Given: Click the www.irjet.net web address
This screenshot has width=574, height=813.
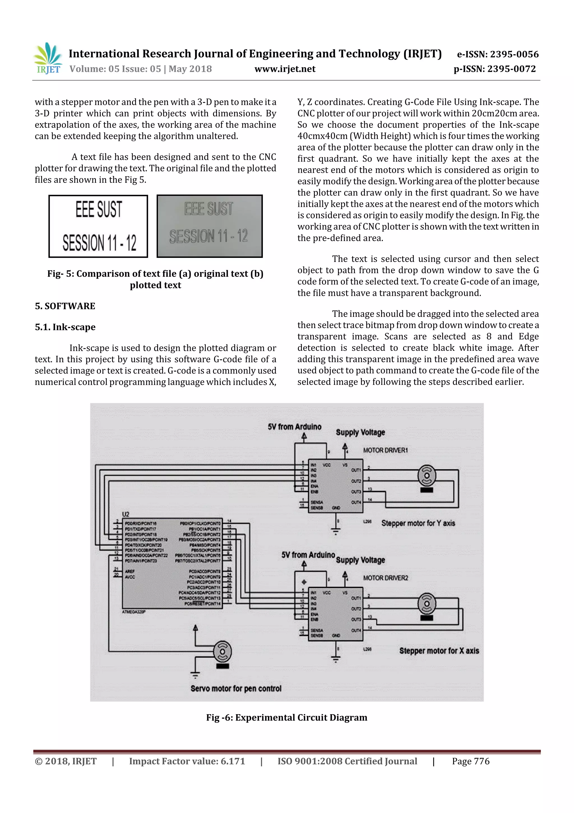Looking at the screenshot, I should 285,69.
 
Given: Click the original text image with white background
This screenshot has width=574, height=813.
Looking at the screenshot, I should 98,226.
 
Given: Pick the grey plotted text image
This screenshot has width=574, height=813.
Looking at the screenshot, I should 209,226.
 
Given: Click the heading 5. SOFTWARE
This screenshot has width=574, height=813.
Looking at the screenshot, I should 65,306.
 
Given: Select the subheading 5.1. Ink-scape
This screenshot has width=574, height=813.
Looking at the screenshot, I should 65,327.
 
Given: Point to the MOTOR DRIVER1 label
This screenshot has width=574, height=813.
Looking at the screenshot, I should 385,450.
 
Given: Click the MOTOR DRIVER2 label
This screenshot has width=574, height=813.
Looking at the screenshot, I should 385,578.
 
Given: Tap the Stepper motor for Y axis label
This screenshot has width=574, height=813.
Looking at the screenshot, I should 418,523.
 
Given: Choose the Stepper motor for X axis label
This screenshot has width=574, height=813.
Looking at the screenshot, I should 439,651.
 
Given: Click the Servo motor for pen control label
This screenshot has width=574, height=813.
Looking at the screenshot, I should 236,688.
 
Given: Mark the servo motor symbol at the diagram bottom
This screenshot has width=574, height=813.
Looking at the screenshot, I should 223,652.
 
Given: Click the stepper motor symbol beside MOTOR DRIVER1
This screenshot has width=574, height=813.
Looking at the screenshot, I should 427,476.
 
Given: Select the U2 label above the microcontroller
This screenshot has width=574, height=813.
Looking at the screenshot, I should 126,514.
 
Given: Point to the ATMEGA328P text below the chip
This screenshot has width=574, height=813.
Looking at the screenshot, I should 133,612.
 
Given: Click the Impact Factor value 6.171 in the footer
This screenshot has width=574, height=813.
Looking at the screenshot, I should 187,761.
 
